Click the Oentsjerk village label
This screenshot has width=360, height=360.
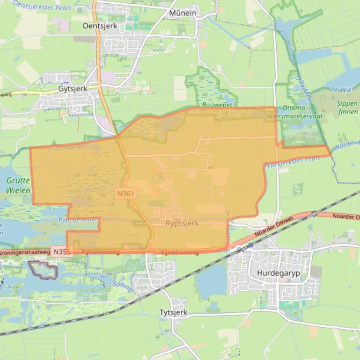(x=100, y=26)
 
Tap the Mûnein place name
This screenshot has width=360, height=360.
(x=183, y=13)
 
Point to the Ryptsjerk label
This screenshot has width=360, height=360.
(x=182, y=223)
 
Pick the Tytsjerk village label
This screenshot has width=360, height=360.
(x=173, y=312)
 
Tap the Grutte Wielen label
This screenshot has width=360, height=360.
(x=18, y=185)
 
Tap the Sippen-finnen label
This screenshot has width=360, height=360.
(x=347, y=108)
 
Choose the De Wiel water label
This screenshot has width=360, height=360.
(x=341, y=88)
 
